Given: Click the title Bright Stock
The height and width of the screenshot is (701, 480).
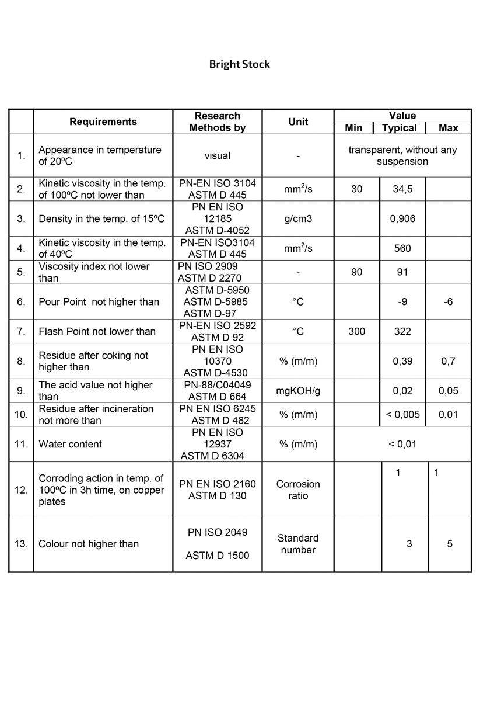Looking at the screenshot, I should pos(239,64).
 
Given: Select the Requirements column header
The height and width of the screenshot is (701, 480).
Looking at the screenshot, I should pos(103,122).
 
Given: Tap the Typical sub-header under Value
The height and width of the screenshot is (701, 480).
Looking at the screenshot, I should pos(400,128).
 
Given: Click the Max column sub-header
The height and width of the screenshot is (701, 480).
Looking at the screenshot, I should pos(449,128).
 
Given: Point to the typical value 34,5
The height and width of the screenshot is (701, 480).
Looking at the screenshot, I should pos(402,189).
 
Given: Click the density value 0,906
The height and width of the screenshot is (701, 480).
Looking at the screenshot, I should pos(402,219).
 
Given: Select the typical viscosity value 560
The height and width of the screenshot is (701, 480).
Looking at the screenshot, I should pos(402,248).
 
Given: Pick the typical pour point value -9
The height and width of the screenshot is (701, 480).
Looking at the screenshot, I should pos(402,302).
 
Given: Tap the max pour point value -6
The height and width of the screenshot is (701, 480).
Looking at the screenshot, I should pos(448,302).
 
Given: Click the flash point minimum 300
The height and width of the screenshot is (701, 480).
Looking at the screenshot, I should pos(356,331).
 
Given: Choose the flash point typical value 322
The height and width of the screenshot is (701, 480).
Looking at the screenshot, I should pos(402,331).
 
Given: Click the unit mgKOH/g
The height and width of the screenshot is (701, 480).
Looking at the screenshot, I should pos(297,391).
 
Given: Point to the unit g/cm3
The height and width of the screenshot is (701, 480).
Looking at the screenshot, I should pos(297,219).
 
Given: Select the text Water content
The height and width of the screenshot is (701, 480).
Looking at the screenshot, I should pos(70,444).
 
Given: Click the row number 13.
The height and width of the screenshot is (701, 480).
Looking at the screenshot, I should pos(21,544).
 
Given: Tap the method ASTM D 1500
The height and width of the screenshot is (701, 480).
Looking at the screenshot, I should pos(217,556).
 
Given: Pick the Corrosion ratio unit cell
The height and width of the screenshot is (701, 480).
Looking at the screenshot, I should pos(297,490).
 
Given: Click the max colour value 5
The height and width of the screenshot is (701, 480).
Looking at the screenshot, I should pos(450,544).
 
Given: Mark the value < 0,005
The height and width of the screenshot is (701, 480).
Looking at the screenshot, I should pos(402,415).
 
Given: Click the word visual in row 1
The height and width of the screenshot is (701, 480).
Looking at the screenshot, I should pos(217,155).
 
